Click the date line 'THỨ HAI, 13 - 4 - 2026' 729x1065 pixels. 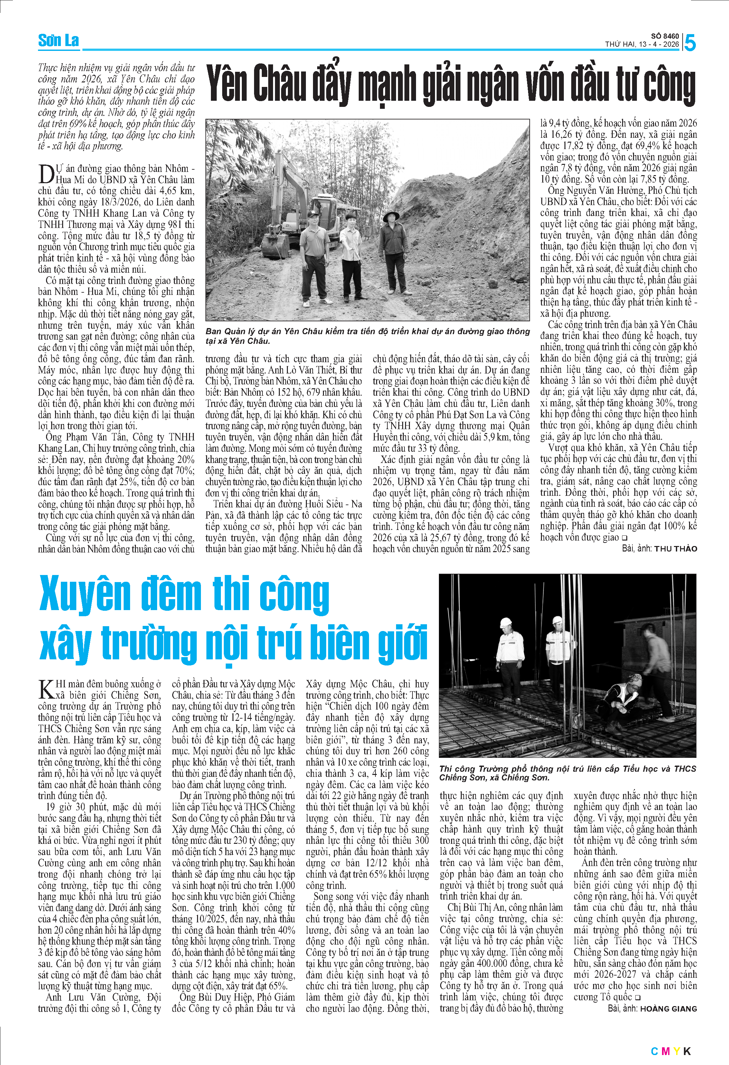click(x=641, y=44)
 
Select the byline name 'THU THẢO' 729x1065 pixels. click(x=676, y=549)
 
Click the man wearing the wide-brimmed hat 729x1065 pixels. click(x=393, y=250)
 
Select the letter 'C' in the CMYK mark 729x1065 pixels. click(x=654, y=1051)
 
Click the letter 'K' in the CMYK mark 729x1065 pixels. click(x=686, y=1051)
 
